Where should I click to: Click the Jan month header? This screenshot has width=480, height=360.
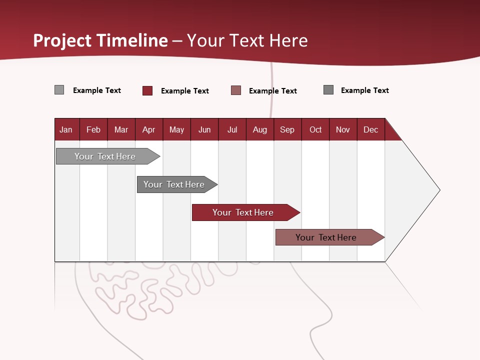(66, 129)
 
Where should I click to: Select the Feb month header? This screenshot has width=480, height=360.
(93, 129)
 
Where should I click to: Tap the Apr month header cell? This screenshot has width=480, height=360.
(149, 129)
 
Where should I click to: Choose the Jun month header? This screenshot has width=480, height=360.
(204, 129)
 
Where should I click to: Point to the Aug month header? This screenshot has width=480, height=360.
(260, 129)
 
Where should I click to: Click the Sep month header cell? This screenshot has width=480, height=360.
(287, 129)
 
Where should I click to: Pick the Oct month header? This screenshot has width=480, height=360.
(315, 129)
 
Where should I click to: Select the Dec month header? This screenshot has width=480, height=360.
(371, 129)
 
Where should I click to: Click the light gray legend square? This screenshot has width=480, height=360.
(59, 90)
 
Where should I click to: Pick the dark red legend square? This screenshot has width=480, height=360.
(147, 90)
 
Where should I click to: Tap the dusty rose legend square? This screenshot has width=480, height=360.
(236, 90)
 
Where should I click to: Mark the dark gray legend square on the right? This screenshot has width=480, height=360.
(328, 90)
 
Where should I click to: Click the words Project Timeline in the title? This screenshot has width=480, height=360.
(100, 40)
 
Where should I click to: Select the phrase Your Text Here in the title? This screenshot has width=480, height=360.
(247, 40)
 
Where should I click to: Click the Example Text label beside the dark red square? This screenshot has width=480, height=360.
(185, 91)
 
